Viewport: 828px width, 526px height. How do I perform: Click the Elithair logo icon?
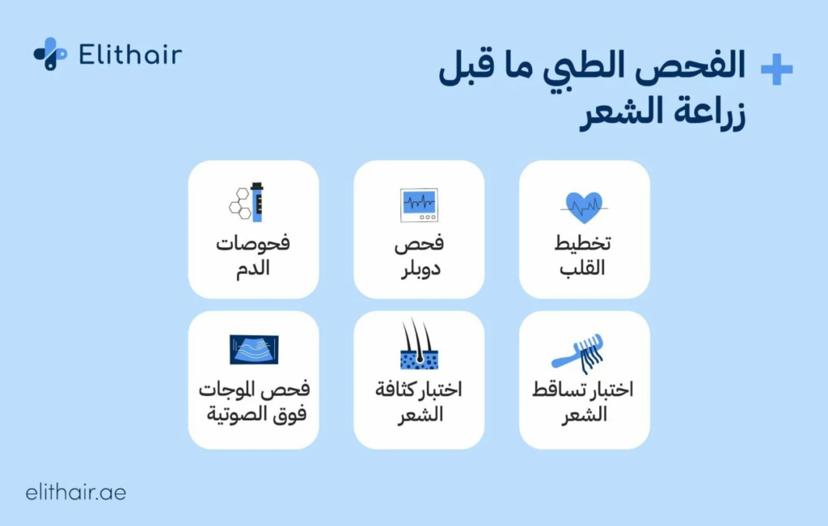tap(50, 53)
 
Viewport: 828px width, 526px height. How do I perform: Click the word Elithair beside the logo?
tap(130, 55)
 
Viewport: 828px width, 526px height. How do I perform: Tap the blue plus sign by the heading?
tap(776, 70)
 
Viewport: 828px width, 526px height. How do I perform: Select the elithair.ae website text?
tap(76, 492)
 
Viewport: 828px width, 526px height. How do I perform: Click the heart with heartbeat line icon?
tap(584, 207)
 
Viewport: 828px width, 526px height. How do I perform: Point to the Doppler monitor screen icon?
tap(419, 205)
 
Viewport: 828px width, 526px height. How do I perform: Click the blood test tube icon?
tap(257, 202)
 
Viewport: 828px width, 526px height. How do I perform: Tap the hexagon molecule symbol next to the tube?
tap(240, 203)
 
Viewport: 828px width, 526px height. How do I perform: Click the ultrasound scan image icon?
tap(254, 350)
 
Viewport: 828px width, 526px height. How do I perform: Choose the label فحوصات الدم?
tap(253, 256)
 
